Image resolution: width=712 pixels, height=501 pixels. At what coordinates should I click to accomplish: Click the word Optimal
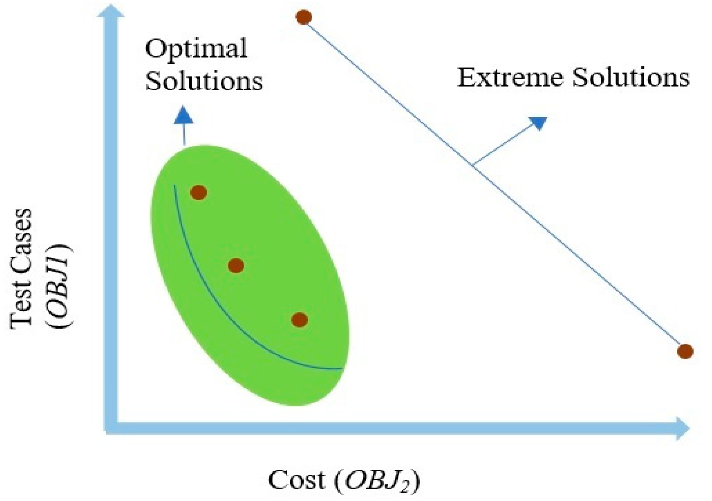click(196, 49)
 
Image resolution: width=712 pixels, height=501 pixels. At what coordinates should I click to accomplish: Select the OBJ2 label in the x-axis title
click(377, 481)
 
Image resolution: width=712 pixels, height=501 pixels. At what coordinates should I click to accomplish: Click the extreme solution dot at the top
click(304, 17)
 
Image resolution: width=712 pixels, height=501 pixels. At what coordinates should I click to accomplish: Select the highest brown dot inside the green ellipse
click(199, 192)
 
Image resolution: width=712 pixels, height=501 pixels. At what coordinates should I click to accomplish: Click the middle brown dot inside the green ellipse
click(236, 266)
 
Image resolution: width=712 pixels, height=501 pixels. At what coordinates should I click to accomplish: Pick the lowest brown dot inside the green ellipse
click(299, 320)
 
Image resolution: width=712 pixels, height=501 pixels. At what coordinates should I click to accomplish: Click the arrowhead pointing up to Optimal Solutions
click(183, 116)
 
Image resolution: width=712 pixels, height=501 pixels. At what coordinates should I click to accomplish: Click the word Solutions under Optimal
click(204, 81)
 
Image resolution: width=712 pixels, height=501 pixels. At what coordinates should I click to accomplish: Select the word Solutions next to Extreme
click(631, 78)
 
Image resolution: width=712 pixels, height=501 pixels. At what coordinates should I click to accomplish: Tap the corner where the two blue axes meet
click(111, 428)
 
